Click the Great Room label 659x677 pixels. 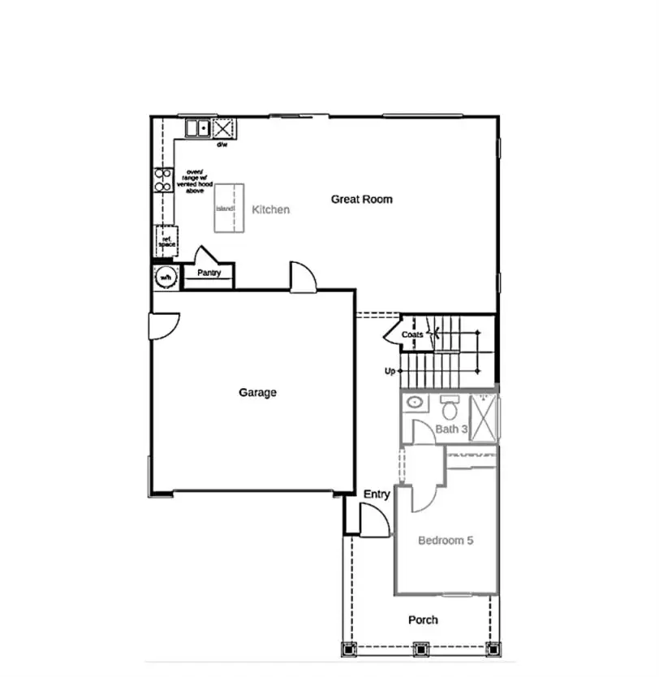[361, 199]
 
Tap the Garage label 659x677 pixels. [257, 392]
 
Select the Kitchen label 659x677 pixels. [270, 209]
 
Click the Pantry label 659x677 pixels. [209, 273]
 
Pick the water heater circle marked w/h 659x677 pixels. [166, 278]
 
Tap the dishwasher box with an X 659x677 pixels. [222, 128]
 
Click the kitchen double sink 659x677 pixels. [197, 128]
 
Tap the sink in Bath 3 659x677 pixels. [414, 402]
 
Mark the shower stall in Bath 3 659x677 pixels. [485, 416]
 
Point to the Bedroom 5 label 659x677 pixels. [445, 540]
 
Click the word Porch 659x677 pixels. [423, 619]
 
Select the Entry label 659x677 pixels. [377, 494]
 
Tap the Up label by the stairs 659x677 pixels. [390, 372]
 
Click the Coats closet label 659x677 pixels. [412, 334]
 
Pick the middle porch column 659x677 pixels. [420, 649]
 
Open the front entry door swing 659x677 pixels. [373, 520]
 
